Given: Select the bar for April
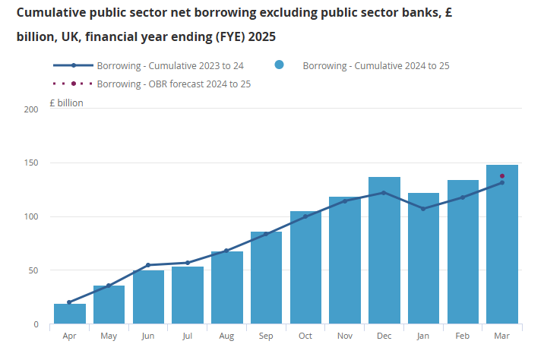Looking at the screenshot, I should click(70, 314).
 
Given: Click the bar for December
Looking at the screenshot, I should click(384, 251).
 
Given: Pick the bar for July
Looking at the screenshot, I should click(188, 295).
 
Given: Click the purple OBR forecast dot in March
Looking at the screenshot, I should click(502, 176).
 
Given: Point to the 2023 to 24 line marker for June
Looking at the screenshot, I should click(148, 265).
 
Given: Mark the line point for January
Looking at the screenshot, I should click(423, 208).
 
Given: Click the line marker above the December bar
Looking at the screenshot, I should click(384, 192).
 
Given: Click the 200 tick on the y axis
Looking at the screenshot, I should click(31, 110).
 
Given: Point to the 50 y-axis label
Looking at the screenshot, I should click(33, 270).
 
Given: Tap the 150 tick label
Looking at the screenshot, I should click(31, 163).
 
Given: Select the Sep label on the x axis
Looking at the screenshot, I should click(266, 336).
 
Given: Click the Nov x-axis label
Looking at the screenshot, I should click(345, 336).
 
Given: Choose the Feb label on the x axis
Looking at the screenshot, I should click(463, 336).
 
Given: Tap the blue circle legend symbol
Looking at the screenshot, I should click(280, 65).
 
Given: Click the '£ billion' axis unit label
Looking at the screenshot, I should click(66, 103).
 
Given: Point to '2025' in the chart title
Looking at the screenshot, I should click(260, 36).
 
